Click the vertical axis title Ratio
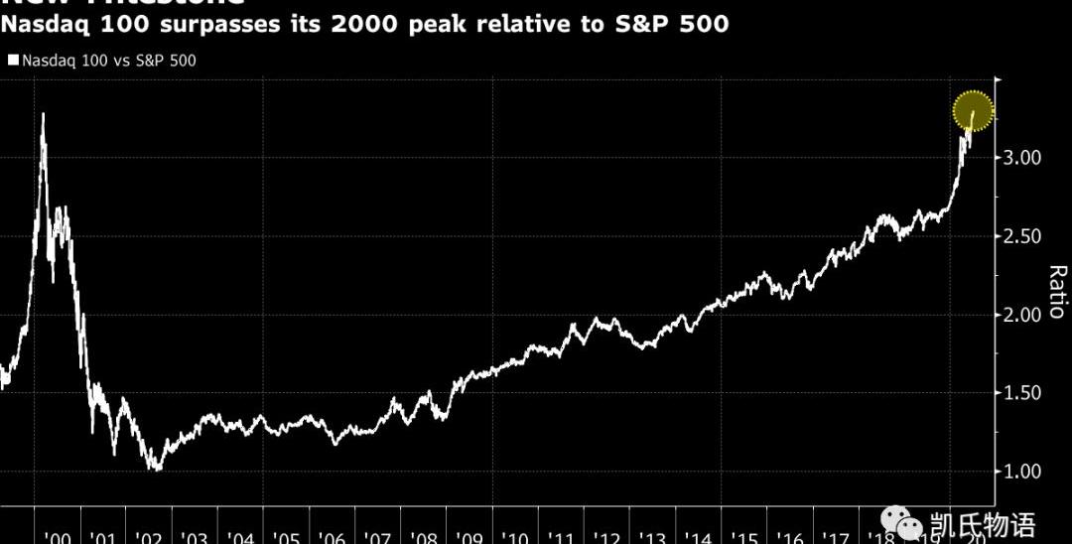(x=1056, y=292)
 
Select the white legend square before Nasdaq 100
(x=13, y=61)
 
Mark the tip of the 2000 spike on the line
(x=43, y=114)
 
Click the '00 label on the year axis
(x=59, y=537)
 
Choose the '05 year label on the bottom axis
(x=287, y=537)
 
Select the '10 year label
(x=515, y=537)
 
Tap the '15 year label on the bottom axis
(x=744, y=537)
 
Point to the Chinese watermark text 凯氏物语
(x=983, y=523)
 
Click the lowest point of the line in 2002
(x=153, y=469)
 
